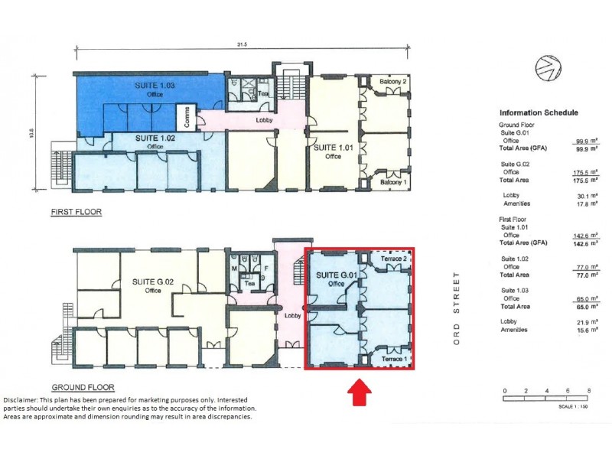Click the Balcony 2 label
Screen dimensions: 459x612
(394, 81)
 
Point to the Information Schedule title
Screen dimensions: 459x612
(538, 112)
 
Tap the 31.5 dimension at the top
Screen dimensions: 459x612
(241, 45)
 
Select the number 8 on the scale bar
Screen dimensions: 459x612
(588, 390)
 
